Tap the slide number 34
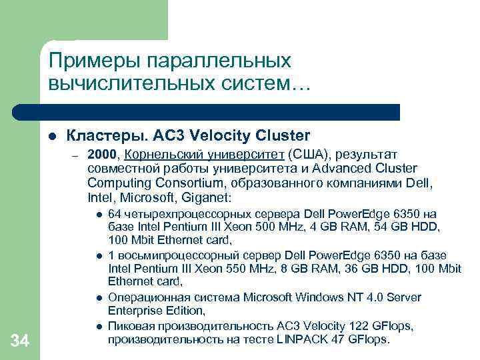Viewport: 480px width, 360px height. (x=20, y=342)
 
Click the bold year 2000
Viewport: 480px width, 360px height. (x=101, y=155)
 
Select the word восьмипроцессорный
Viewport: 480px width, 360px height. (x=164, y=256)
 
